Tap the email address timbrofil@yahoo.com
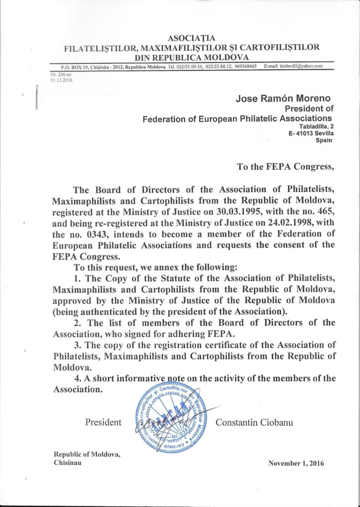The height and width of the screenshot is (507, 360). pyautogui.click(x=301, y=66)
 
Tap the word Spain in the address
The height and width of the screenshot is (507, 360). pyautogui.click(x=324, y=140)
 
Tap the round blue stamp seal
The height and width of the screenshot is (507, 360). pyautogui.click(x=168, y=416)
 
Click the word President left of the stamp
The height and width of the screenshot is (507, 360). pyautogui.click(x=103, y=422)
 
